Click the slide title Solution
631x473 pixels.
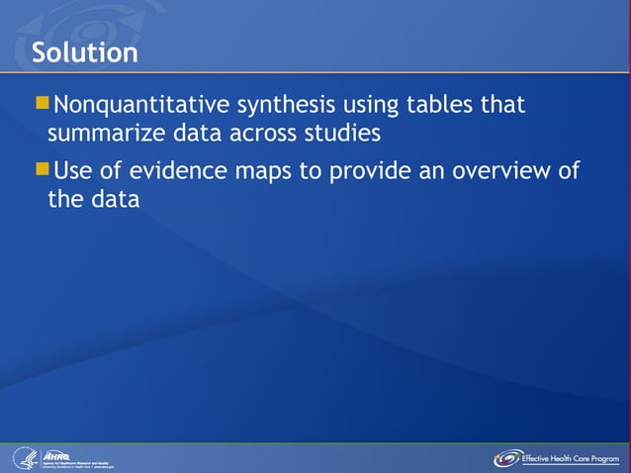point(84,51)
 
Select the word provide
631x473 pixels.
point(368,170)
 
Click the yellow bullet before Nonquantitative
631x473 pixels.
point(42,103)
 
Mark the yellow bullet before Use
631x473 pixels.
point(42,169)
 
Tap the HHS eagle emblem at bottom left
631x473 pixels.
point(23,458)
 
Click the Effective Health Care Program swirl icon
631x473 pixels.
point(507,458)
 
